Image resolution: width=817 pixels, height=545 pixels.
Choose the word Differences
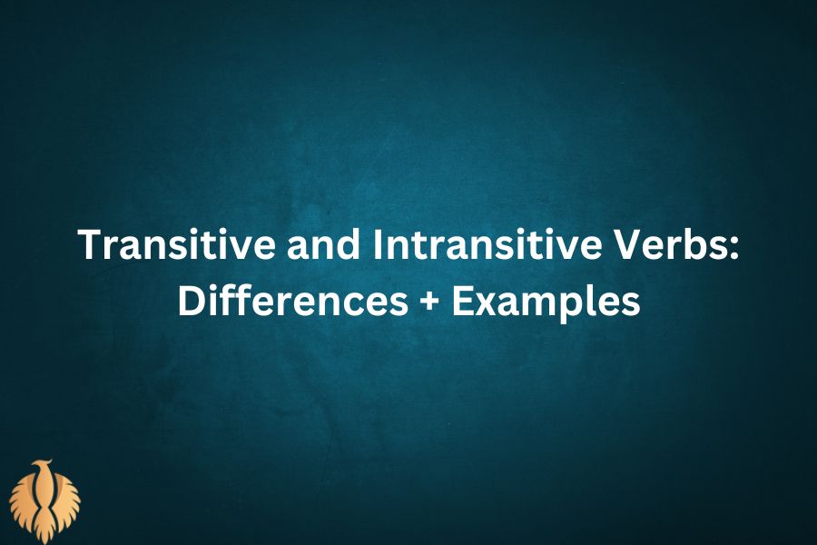[x=291, y=302]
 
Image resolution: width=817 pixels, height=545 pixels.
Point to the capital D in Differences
[x=189, y=302]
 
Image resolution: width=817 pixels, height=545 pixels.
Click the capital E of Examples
[x=464, y=302]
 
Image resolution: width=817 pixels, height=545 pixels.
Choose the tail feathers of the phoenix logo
[x=45, y=531]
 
